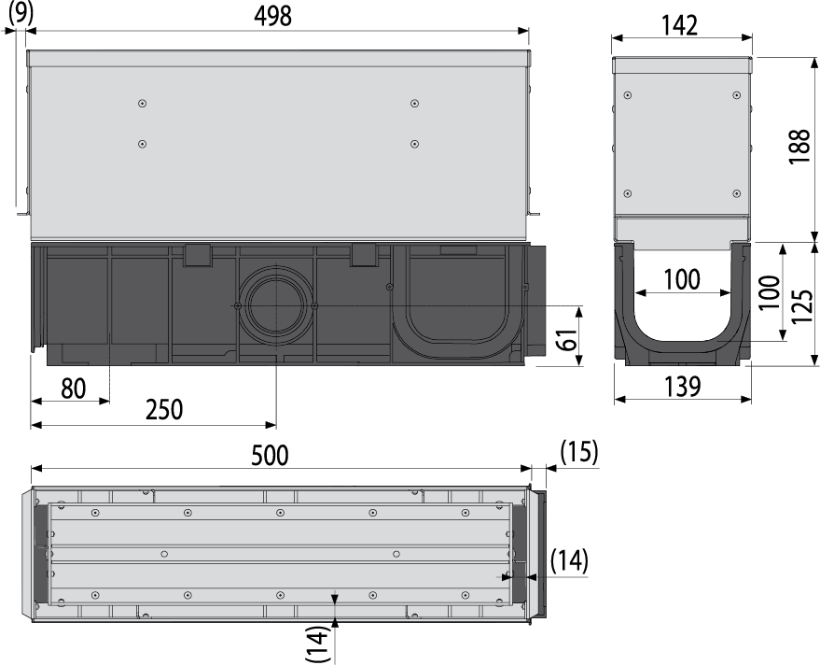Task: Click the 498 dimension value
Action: coord(272,16)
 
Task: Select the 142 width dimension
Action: coord(681,25)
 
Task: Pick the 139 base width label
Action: coord(682,386)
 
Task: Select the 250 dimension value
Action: coord(164,408)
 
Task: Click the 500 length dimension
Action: coord(271,455)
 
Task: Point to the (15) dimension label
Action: coord(578,452)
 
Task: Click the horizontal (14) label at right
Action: coord(569,560)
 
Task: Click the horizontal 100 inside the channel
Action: coord(682,279)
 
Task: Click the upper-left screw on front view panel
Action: coord(142,104)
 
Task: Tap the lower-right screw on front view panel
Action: coord(413,144)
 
